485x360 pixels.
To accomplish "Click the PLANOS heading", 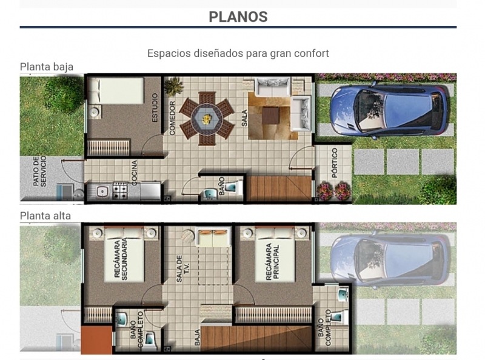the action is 238,17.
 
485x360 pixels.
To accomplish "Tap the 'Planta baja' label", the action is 47,67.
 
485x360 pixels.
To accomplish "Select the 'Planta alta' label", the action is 45,216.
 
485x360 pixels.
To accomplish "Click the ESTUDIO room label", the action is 155,108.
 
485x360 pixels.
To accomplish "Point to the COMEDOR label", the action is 172,118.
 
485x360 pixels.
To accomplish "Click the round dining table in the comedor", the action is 207,118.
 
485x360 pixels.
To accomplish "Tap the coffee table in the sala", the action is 270,115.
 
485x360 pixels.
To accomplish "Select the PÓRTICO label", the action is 335,162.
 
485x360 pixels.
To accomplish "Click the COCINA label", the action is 134,173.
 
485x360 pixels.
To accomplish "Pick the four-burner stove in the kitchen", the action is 119,191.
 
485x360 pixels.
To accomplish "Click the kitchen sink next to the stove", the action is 102,192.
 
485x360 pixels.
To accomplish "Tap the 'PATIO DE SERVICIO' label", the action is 39,171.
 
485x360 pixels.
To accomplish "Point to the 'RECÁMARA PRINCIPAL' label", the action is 272,262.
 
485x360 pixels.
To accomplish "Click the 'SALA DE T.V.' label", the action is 183,268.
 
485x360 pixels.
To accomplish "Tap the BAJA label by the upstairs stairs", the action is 198,338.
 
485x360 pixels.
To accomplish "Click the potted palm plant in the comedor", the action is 173,85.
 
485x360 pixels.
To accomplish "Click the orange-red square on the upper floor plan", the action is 97,339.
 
